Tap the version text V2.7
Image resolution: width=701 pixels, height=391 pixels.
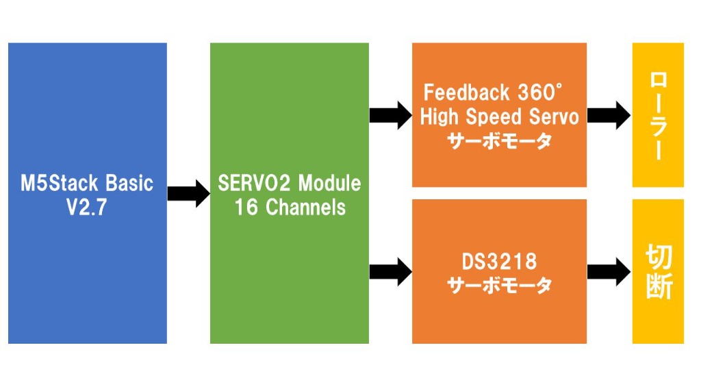coord(87,207)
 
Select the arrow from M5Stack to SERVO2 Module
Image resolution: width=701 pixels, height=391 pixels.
coord(188,194)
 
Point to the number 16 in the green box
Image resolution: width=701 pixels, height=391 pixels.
coord(246,207)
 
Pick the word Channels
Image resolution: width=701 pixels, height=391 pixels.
coord(305,207)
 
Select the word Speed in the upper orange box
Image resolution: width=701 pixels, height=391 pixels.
coord(494,116)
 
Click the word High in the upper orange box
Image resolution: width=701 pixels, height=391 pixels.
coord(439,116)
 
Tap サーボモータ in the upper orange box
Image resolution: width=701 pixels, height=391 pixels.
coord(499,140)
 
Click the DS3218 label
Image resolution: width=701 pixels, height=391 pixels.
coord(499,261)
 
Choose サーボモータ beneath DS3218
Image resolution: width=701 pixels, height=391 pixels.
coord(499,285)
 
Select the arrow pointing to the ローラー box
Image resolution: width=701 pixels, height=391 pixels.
coord(609,114)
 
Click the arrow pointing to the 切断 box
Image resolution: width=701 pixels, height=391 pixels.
coord(609,272)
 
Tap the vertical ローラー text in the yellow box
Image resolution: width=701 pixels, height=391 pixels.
coord(657,115)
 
